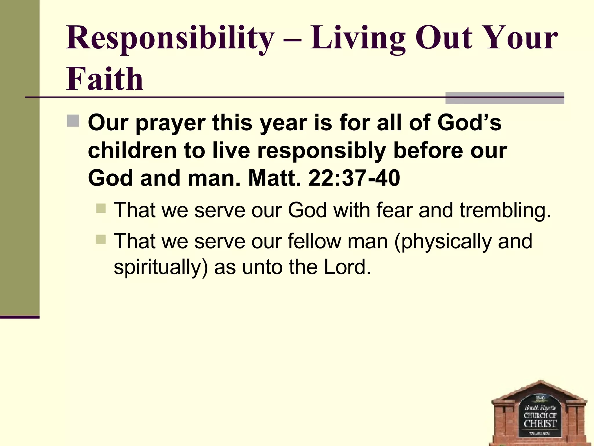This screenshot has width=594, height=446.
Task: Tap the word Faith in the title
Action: coord(105,79)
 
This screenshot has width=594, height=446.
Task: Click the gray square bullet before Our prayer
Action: coord(73,121)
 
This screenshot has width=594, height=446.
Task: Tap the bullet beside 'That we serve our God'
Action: coord(101,208)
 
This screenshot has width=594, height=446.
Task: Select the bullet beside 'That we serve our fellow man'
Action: coord(101,240)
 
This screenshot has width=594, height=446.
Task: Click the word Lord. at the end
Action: coord(347,267)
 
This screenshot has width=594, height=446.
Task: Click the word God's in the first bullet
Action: coord(469,123)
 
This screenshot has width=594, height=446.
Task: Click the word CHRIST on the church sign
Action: coord(540,424)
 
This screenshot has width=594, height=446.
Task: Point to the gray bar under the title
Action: coord(505,98)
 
